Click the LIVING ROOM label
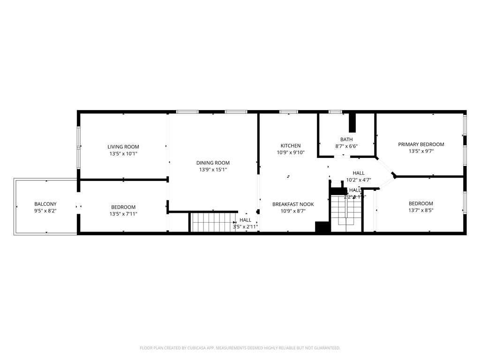click(x=123, y=147)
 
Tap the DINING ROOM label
click(x=213, y=163)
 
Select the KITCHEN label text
click(x=291, y=146)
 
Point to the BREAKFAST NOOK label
click(x=293, y=204)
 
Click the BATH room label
click(x=346, y=139)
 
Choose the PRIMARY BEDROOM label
click(x=421, y=144)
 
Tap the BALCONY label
click(x=45, y=204)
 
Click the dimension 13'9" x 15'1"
click(x=213, y=170)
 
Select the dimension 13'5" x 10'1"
click(x=123, y=153)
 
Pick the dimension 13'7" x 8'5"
click(x=420, y=210)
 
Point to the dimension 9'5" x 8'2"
click(x=45, y=211)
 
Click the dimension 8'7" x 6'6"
click(x=346, y=146)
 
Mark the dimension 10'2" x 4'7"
click(x=359, y=180)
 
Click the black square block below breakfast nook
click(x=322, y=227)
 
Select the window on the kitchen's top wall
click(x=288, y=112)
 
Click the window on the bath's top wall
click(x=335, y=112)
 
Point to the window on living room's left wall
click(x=78, y=146)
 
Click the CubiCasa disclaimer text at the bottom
click(x=240, y=348)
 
